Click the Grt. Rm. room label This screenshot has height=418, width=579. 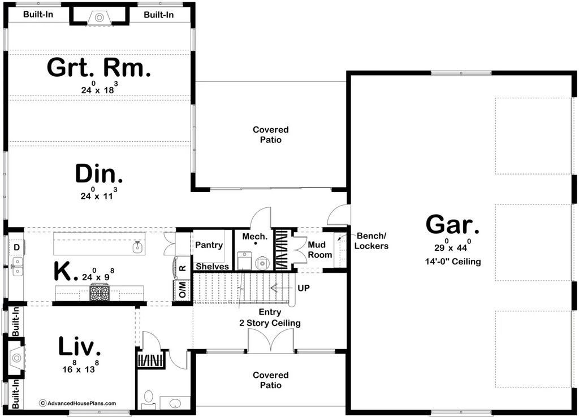pos(99,68)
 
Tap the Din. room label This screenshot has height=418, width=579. pos(99,174)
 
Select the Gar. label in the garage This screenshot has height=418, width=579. pos(452,225)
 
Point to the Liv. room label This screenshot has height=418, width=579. pos(80,346)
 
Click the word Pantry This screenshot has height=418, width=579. pos(209,245)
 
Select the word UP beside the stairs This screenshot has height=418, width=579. pos(304,288)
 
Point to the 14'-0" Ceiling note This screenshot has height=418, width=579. pos(452,262)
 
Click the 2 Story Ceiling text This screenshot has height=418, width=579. pos(270,323)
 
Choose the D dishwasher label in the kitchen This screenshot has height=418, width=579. pos(17,247)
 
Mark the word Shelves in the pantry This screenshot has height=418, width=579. pos(213,267)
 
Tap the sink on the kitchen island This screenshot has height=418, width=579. pos(136,246)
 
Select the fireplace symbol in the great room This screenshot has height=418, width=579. pos(100,18)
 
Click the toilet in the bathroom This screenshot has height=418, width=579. pos(148,398)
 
